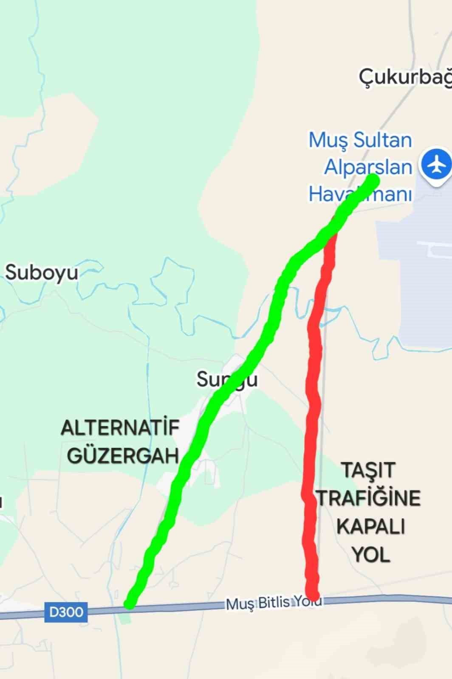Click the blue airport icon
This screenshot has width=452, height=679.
click(436, 165)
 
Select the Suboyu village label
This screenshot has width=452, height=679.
click(42, 272)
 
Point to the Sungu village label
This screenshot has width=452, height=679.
click(227, 379)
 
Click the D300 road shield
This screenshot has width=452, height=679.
click(66, 612)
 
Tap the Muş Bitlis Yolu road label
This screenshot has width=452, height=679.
click(274, 602)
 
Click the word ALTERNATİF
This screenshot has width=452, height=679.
click(120, 428)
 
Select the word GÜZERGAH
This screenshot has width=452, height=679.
click(123, 456)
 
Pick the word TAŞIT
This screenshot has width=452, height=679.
click(368, 470)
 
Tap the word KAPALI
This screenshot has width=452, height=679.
click(370, 527)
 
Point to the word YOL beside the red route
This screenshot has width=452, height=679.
click(371, 555)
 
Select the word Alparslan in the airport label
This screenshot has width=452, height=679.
click(368, 167)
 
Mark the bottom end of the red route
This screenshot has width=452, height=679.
click(313, 595)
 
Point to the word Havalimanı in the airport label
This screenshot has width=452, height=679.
click(360, 194)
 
